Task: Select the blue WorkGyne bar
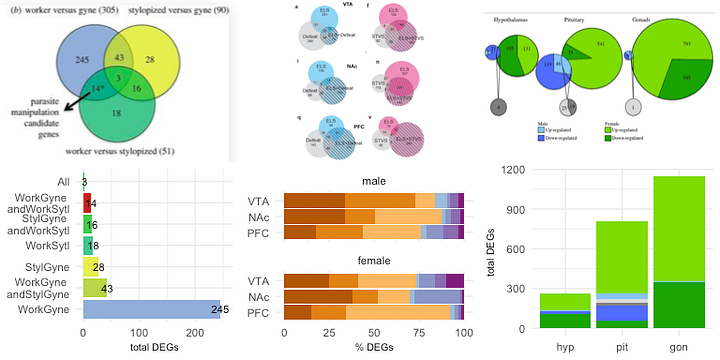(151, 311)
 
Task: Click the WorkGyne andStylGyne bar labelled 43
(95, 288)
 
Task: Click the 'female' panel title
(374, 261)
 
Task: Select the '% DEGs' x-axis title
(374, 350)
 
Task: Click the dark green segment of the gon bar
(679, 305)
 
